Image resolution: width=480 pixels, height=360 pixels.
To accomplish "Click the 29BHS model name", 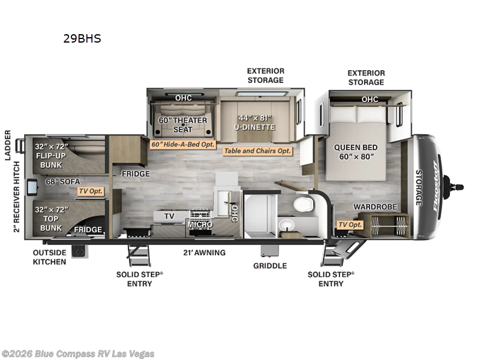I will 82,39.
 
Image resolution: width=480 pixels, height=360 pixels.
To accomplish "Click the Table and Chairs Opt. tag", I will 257,151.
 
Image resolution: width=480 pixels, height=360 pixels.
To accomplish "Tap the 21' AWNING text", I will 205,253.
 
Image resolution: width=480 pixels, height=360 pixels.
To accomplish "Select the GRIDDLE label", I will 269,265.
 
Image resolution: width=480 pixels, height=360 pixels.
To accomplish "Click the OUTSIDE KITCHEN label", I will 50,257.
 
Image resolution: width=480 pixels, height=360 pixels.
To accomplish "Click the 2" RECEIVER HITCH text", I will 17,196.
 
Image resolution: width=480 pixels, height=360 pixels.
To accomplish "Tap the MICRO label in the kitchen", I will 199,224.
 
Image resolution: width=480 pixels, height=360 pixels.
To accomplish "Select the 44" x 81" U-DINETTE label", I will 255,122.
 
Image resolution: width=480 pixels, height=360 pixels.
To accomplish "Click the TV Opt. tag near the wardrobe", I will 350,224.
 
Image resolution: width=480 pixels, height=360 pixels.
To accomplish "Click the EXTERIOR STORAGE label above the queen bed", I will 365,77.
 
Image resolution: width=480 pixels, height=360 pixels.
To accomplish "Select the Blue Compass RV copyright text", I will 78,353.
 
